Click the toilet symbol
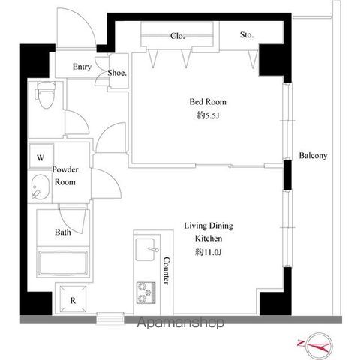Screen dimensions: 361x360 pos(45,94)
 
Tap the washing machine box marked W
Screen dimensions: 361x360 pos(41,156)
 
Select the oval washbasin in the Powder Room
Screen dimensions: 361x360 pos(41,187)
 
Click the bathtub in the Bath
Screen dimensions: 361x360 pos(63,262)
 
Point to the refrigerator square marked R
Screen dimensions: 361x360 pos(73,298)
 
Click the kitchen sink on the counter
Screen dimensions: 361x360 pos(146,250)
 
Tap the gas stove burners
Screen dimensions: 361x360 pos(146,292)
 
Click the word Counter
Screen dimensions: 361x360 pos(166,271)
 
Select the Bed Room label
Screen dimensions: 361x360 pos(208,102)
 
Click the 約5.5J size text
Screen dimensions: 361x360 pos(208,115)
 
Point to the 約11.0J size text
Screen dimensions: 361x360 pos(208,252)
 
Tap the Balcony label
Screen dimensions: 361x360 pos(313,156)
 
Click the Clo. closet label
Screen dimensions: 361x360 pos(177,36)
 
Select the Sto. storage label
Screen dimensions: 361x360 pos(247,35)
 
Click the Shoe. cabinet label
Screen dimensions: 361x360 pos(117,73)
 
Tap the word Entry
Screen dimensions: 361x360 pos(82,67)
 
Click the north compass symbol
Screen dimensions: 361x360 pos(319,345)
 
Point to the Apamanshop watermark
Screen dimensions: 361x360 pos(180,322)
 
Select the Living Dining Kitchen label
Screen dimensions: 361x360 pos(209,232)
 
